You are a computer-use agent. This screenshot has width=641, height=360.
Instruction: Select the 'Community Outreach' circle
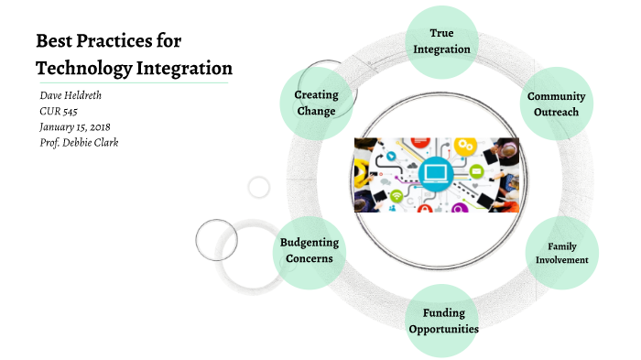point(556,104)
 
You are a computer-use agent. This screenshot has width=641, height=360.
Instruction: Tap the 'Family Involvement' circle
point(561,253)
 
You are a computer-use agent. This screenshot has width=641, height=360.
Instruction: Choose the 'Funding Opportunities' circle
point(443,321)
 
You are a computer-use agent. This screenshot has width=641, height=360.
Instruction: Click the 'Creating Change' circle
point(316,103)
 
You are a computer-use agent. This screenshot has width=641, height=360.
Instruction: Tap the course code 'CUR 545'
point(59,111)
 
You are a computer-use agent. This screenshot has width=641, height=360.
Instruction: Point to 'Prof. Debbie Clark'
point(80,142)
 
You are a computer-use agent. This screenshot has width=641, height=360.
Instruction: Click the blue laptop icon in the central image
point(436,172)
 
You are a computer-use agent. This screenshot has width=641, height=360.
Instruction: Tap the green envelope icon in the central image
point(476,171)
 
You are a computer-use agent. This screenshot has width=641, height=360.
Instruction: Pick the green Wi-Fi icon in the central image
point(396,195)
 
